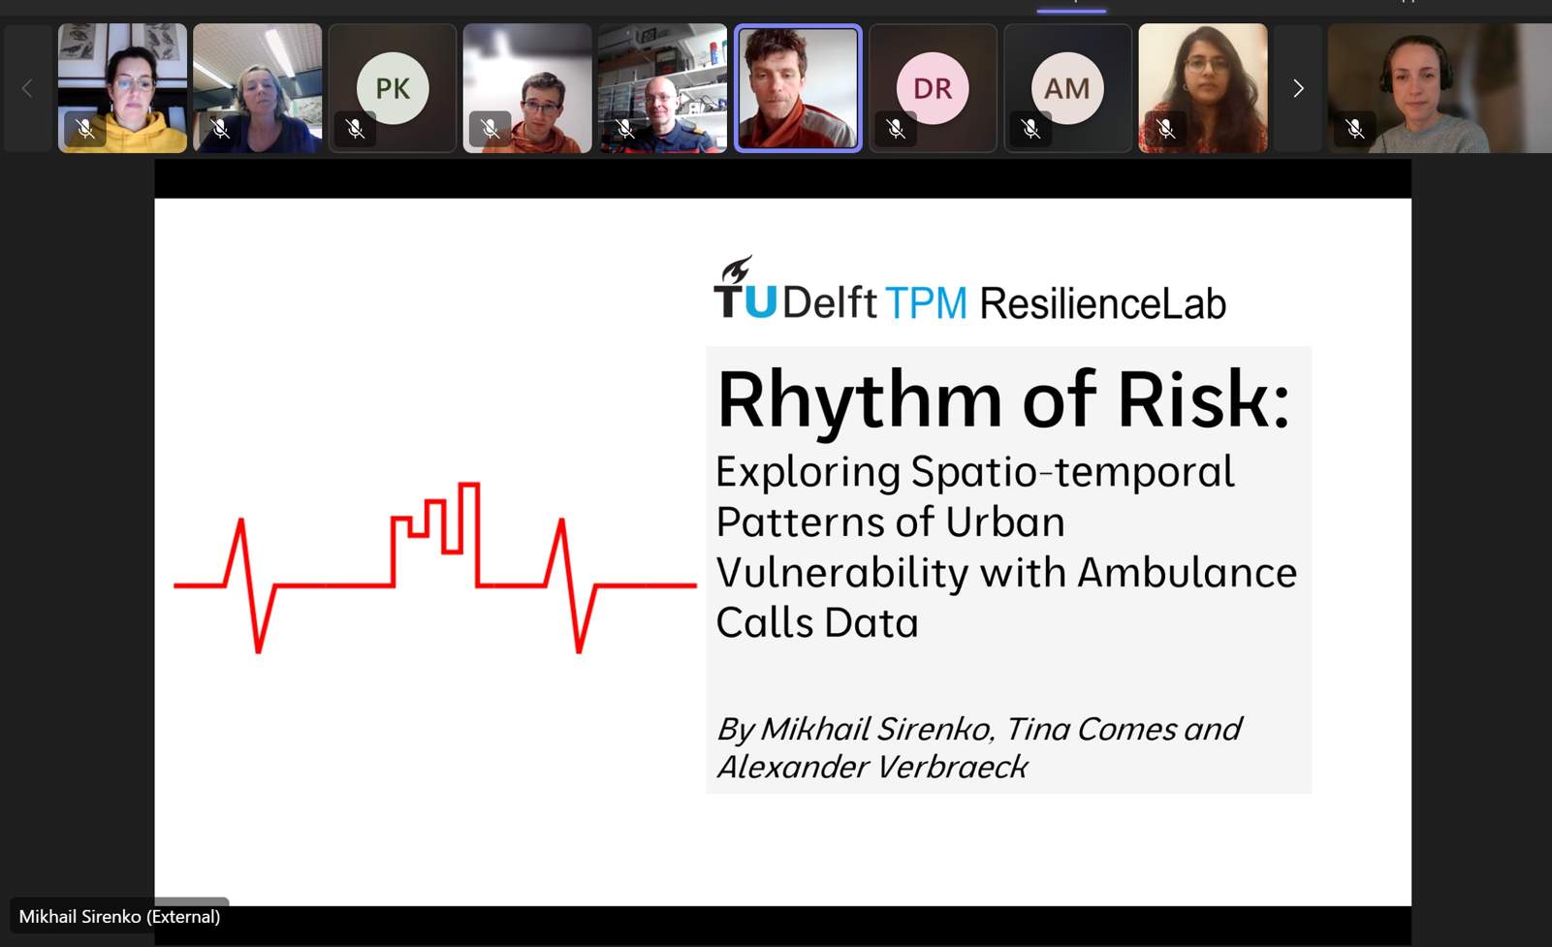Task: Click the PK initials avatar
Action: (x=393, y=88)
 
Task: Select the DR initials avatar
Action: (x=933, y=88)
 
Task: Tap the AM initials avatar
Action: (x=1067, y=88)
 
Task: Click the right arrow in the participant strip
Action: (x=1298, y=88)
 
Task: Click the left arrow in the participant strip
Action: (x=27, y=88)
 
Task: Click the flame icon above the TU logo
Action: (x=737, y=268)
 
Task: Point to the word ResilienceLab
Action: (x=1102, y=303)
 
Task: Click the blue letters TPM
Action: (x=927, y=303)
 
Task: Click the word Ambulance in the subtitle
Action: (x=1187, y=572)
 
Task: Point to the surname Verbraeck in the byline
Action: (x=952, y=767)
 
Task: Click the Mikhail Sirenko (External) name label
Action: (x=119, y=917)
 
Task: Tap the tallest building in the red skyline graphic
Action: (x=469, y=534)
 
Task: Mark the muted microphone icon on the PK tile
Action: (x=355, y=128)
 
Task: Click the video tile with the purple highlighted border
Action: (x=798, y=88)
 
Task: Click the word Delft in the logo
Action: (x=830, y=302)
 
